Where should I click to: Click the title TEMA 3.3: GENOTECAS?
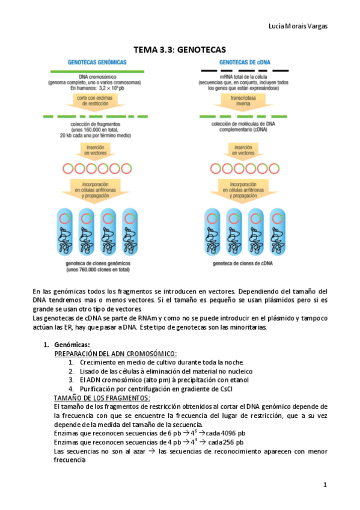pyautogui.click(x=180, y=51)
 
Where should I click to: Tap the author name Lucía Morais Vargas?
pyautogui.click(x=297, y=26)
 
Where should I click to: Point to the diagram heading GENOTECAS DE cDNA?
pyautogui.click(x=247, y=62)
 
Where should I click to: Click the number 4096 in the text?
pyautogui.click(x=233, y=433)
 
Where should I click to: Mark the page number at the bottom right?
pyautogui.click(x=325, y=484)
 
